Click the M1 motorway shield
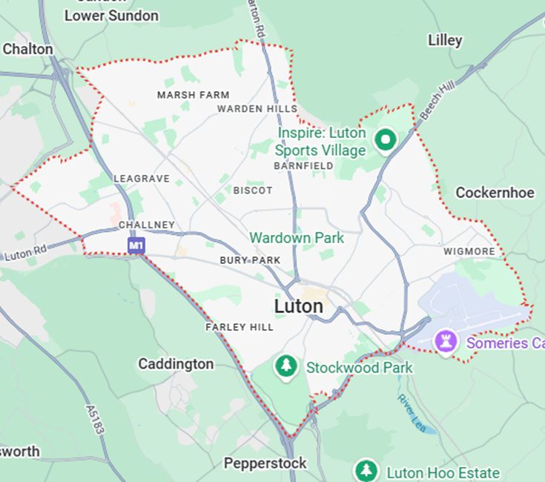(135, 245)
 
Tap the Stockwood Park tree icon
(285, 366)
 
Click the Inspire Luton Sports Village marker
(384, 139)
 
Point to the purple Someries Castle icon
(446, 343)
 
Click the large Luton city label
(299, 306)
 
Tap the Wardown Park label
(297, 238)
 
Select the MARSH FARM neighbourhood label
(193, 95)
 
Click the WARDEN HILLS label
(257, 108)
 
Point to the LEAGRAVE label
(142, 179)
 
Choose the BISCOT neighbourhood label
(253, 191)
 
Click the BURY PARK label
(250, 260)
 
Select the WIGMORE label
(469, 251)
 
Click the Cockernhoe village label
(495, 193)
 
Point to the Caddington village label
(176, 364)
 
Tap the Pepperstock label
(265, 463)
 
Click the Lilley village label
(445, 40)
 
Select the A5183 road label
(97, 422)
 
